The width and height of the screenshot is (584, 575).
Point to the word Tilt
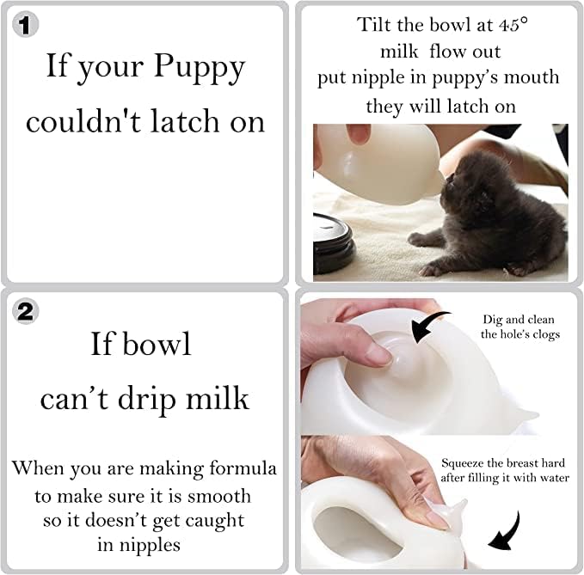point(377,25)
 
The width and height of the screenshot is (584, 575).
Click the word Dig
point(493,319)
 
